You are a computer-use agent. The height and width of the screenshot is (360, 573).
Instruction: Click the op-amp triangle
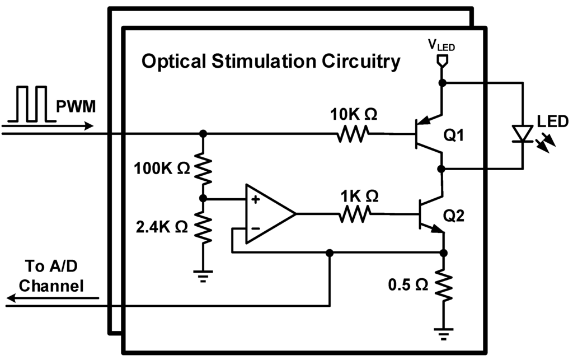click(267, 214)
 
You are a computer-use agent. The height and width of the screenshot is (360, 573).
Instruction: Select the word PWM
click(77, 106)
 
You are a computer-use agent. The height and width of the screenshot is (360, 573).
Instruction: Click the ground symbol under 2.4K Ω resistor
click(203, 274)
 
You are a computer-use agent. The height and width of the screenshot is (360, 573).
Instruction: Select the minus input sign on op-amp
click(255, 228)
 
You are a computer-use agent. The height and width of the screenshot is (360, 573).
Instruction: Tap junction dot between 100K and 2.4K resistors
click(203, 198)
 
